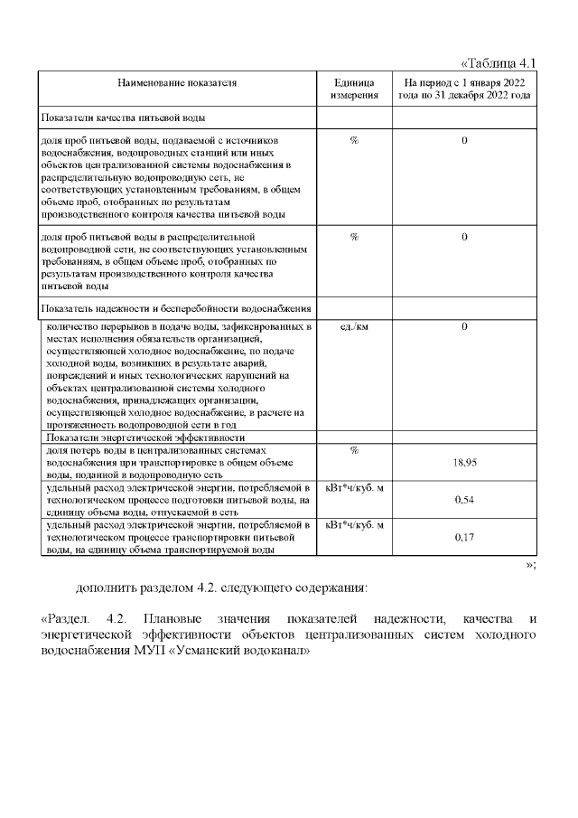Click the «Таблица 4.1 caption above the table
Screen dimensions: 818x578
point(499,63)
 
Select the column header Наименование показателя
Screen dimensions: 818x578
point(177,83)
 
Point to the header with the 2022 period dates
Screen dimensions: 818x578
point(464,89)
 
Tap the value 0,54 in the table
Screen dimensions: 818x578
point(463,499)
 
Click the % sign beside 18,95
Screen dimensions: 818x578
point(354,449)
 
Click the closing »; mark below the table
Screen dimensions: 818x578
point(531,564)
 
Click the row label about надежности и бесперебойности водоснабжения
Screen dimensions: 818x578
point(176,309)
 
